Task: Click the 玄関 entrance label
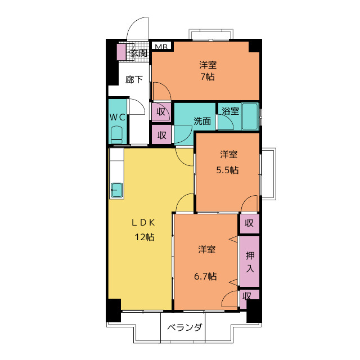138,53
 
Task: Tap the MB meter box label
161,47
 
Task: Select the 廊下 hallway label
134,79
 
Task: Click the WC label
117,118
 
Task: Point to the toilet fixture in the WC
117,134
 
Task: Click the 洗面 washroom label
202,121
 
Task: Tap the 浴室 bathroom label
230,111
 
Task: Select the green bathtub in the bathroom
250,117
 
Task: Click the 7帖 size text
208,77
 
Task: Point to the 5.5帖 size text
228,170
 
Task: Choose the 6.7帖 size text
206,276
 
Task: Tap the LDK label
143,222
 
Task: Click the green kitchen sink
117,190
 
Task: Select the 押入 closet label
250,262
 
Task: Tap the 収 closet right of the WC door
161,111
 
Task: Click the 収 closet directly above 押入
249,223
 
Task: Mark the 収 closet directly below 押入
247,296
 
